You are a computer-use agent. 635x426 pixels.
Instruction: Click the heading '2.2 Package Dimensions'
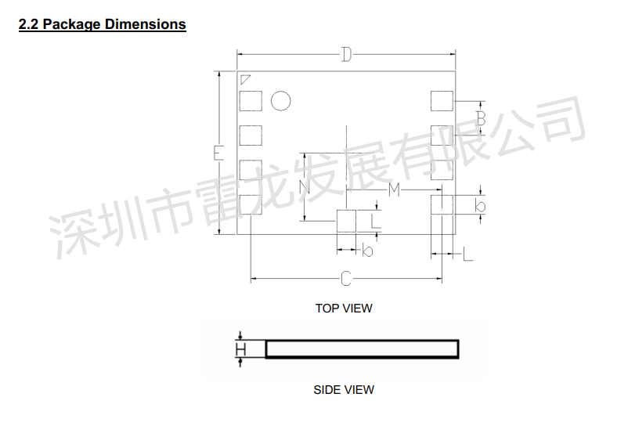click(102, 24)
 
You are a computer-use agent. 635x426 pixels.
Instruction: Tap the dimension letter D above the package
click(346, 54)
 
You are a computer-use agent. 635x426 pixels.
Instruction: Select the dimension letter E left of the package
click(218, 153)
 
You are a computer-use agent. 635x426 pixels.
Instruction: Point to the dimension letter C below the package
click(346, 279)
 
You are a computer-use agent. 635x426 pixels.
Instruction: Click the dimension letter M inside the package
click(394, 189)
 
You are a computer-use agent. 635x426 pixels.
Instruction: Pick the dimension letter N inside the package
click(305, 187)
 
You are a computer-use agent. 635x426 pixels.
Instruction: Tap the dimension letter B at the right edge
click(481, 118)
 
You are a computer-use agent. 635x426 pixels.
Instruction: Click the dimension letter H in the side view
click(240, 349)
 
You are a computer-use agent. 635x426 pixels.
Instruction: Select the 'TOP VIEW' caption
click(344, 309)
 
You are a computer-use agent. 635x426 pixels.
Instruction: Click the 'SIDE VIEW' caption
click(344, 389)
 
